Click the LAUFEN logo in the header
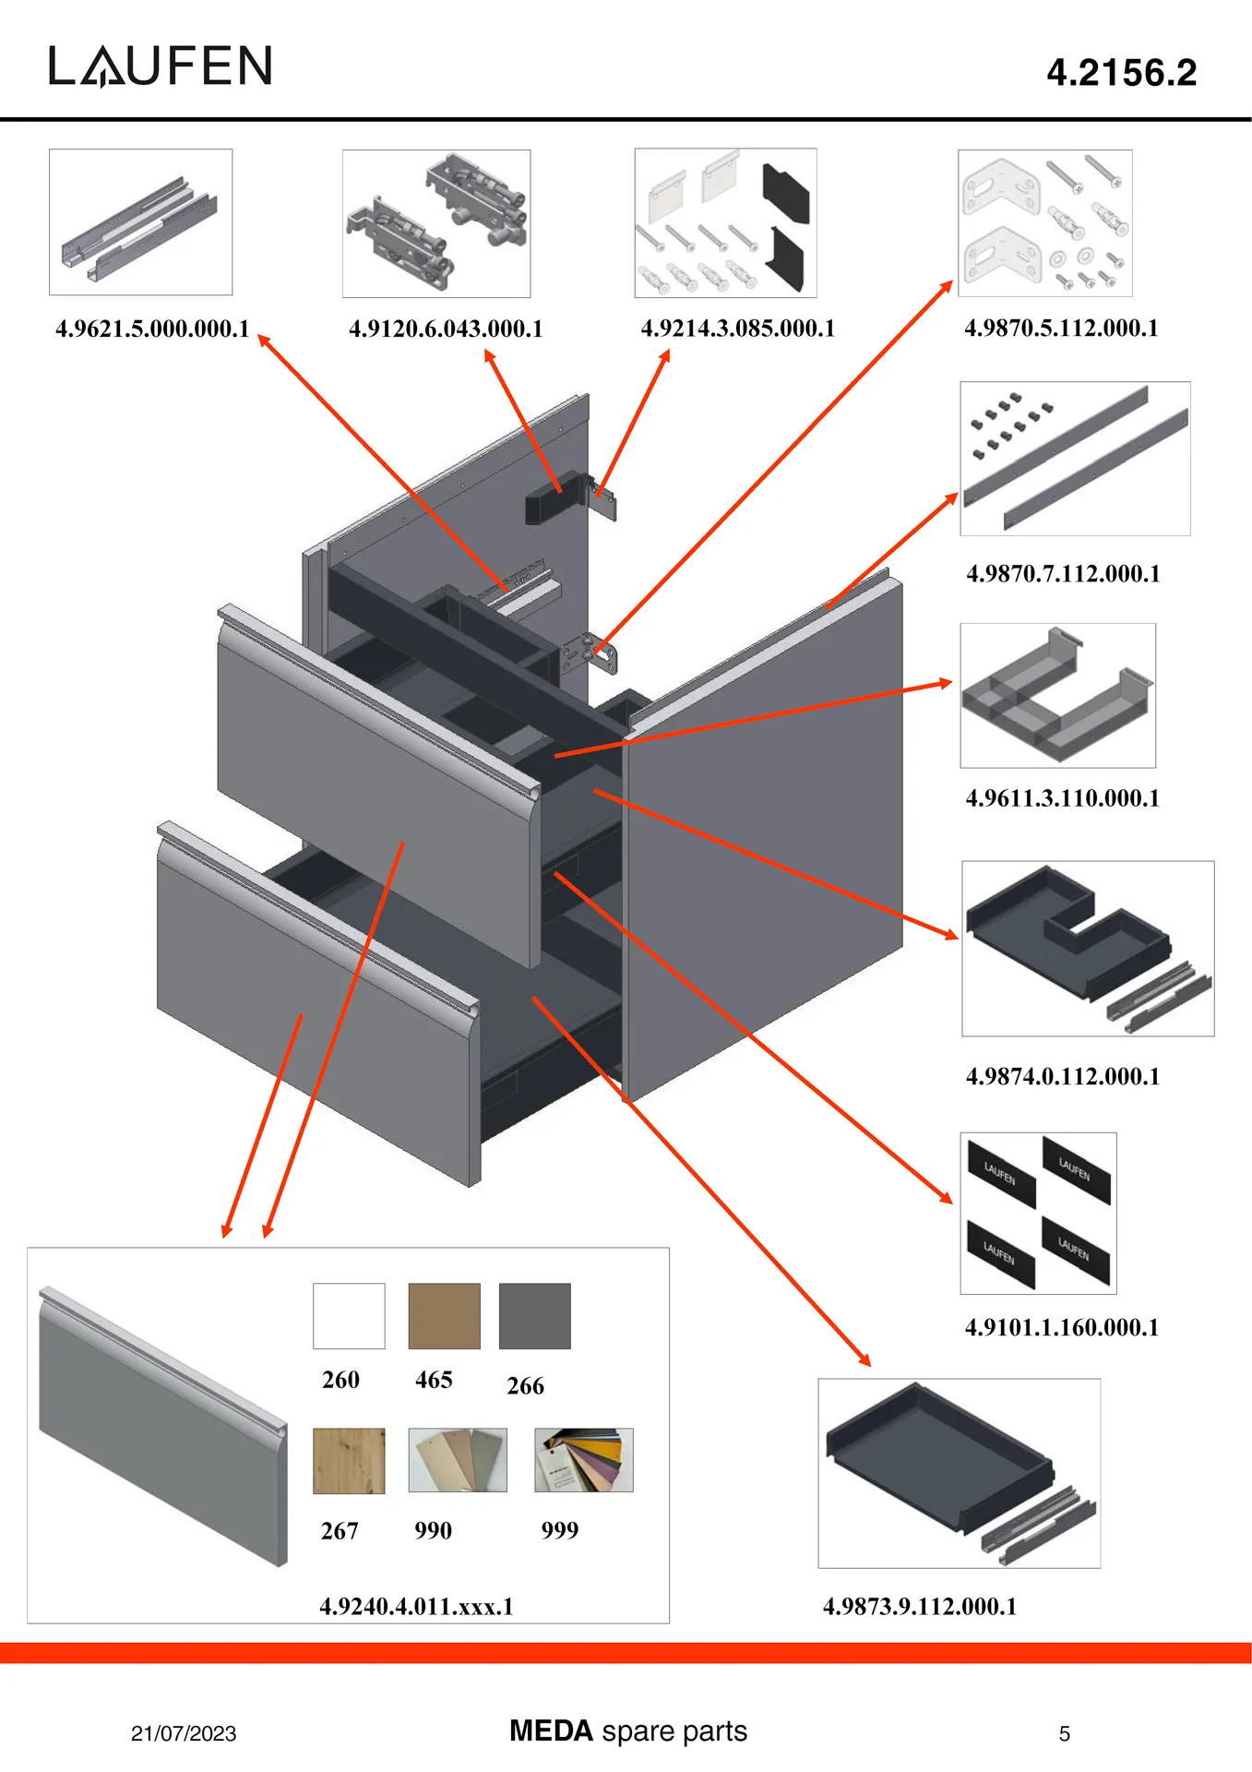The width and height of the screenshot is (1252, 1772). (161, 66)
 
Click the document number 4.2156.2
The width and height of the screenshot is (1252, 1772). (1121, 73)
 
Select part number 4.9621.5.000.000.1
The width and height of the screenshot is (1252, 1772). (152, 329)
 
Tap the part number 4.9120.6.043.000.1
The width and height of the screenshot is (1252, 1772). (446, 329)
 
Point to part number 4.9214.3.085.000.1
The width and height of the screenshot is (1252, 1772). (737, 329)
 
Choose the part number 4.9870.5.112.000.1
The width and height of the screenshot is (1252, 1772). (1061, 328)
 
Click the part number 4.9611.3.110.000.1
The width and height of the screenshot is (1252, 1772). (1062, 798)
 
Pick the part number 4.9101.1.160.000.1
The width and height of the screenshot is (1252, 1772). (1061, 1327)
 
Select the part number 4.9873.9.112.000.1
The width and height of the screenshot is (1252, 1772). (919, 1606)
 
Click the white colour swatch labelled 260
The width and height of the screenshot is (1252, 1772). (349, 1316)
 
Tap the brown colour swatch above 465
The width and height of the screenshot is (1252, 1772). (444, 1316)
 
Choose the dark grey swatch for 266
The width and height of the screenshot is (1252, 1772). (534, 1316)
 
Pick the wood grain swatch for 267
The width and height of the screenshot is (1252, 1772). (349, 1461)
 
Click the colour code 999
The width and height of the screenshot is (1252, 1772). (559, 1530)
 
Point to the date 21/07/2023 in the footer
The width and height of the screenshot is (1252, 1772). (184, 1733)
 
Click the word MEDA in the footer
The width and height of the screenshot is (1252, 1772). (551, 1730)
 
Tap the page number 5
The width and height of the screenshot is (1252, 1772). (1064, 1734)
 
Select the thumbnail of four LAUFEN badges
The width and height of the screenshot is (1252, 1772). (1038, 1213)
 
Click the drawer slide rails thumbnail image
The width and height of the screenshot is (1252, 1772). (140, 222)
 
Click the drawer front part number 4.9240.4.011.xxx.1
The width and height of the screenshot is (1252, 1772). (416, 1606)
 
